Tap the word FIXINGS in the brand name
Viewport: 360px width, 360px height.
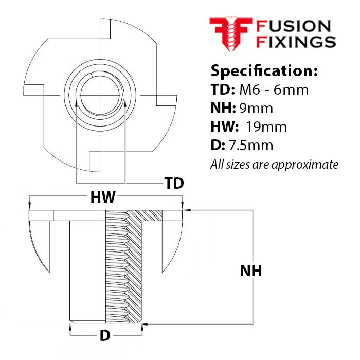pos(296,42)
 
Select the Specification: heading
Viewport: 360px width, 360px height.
pos(264,70)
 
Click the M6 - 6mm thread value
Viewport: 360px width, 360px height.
pos(274,90)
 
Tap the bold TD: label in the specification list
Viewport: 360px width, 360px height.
pos(223,90)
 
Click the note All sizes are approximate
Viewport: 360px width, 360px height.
pos(275,165)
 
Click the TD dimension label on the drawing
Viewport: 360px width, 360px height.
pos(174,184)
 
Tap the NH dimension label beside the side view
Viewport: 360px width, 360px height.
pos(250,271)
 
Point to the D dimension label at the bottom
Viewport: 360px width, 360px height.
pos(105,336)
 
